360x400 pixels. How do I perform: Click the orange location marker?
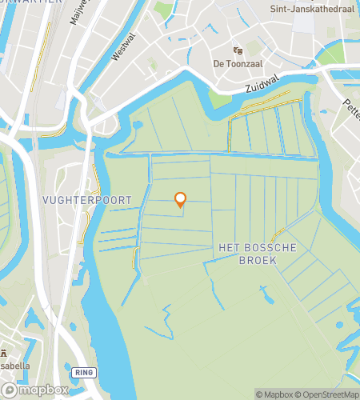point(180,199)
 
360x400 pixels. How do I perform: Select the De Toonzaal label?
point(238,63)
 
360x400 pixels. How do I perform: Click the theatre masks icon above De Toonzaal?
point(237,50)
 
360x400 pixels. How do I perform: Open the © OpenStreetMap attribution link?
point(327,394)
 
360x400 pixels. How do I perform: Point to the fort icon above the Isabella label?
point(3,353)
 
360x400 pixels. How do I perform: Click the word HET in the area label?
point(228,248)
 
